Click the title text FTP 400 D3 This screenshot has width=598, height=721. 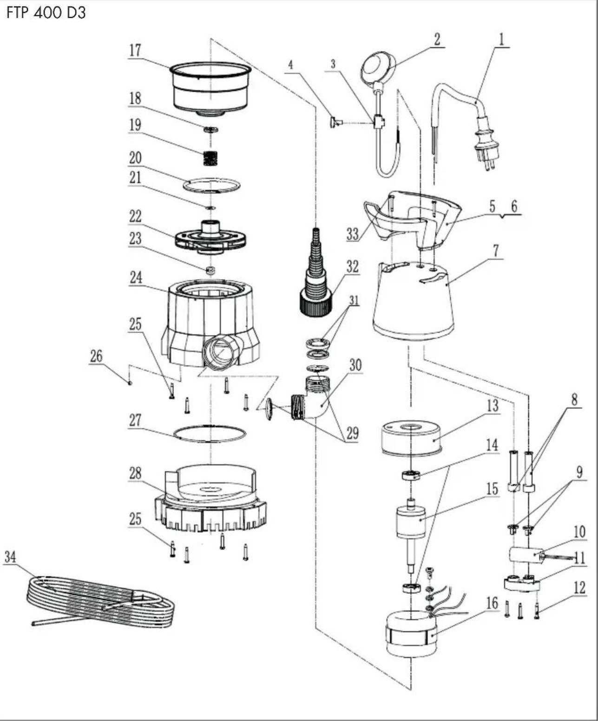click(46, 13)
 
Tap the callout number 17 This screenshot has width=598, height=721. click(135, 50)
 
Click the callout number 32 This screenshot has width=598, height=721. click(352, 266)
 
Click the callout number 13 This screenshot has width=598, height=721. click(493, 406)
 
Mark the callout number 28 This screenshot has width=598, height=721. click(135, 473)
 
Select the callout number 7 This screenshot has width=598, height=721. click(496, 251)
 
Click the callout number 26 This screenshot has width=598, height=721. click(96, 357)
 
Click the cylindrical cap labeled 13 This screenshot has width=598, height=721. click(412, 437)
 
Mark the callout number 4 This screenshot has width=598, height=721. click(290, 65)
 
